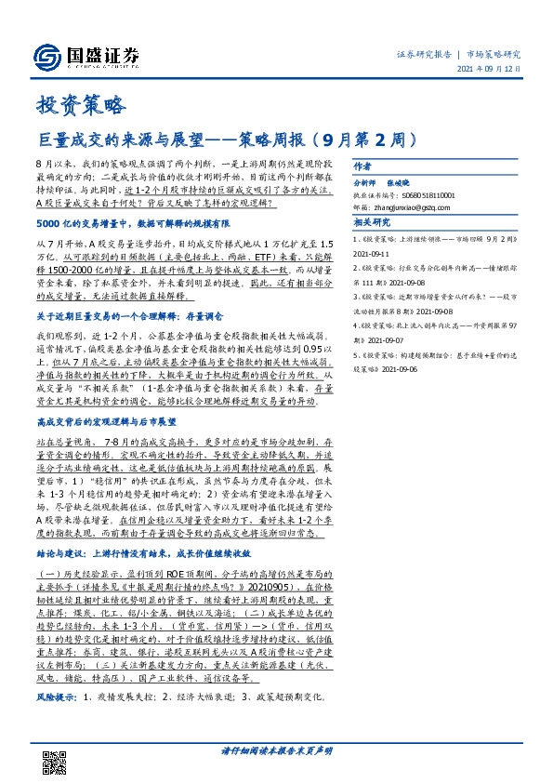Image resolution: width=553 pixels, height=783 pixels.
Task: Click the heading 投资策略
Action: coord(79,105)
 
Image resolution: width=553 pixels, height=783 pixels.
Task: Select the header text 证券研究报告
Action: coord(423,55)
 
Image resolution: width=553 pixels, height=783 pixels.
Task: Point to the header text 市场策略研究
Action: coord(493,55)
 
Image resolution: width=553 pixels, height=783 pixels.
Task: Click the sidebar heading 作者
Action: coord(362,166)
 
